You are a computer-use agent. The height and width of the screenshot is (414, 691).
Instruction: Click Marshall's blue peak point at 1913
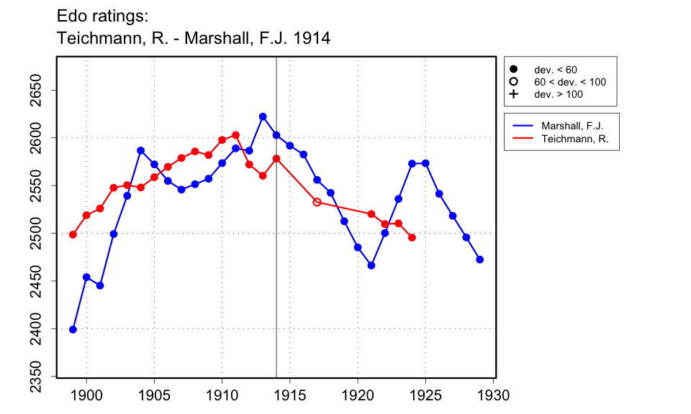263,116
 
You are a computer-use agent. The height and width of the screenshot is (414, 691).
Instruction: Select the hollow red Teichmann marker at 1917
317,202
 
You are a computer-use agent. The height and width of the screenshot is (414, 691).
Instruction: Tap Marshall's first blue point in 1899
73,329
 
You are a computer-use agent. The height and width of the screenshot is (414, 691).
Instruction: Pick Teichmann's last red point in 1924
412,237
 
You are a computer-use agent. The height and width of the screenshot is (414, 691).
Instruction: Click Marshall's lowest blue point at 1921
371,265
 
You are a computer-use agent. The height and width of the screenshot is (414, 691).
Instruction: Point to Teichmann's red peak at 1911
235,135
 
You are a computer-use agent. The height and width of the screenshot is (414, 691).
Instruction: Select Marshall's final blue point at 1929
480,259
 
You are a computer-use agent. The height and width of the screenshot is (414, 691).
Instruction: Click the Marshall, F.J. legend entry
572,126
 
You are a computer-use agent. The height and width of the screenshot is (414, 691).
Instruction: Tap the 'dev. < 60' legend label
555,70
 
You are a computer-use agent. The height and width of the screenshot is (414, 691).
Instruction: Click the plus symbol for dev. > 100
513,94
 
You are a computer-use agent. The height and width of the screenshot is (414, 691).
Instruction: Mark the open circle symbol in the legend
513,82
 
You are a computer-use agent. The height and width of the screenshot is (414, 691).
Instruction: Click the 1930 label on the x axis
494,395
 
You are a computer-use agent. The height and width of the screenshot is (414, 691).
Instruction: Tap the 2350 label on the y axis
36,377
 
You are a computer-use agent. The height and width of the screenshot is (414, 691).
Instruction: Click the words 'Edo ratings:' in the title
101,16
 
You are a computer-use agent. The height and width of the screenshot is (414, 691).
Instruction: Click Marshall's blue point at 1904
140,150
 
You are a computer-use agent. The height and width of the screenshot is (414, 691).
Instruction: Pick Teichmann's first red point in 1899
73,234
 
